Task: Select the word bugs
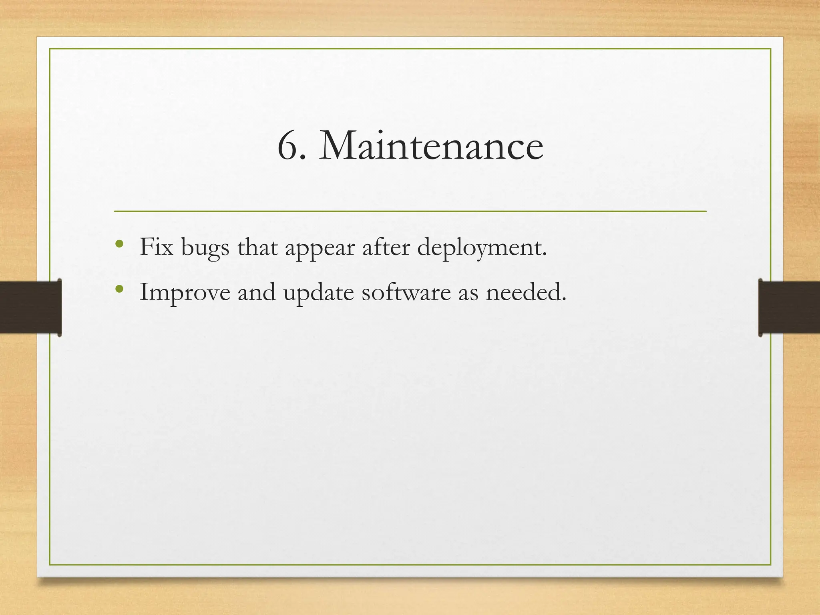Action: pos(205,248)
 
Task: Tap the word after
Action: pos(386,247)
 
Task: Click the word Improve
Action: pos(185,292)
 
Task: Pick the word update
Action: pos(318,293)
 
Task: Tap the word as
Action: pos(468,293)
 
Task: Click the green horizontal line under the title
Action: pos(410,211)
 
